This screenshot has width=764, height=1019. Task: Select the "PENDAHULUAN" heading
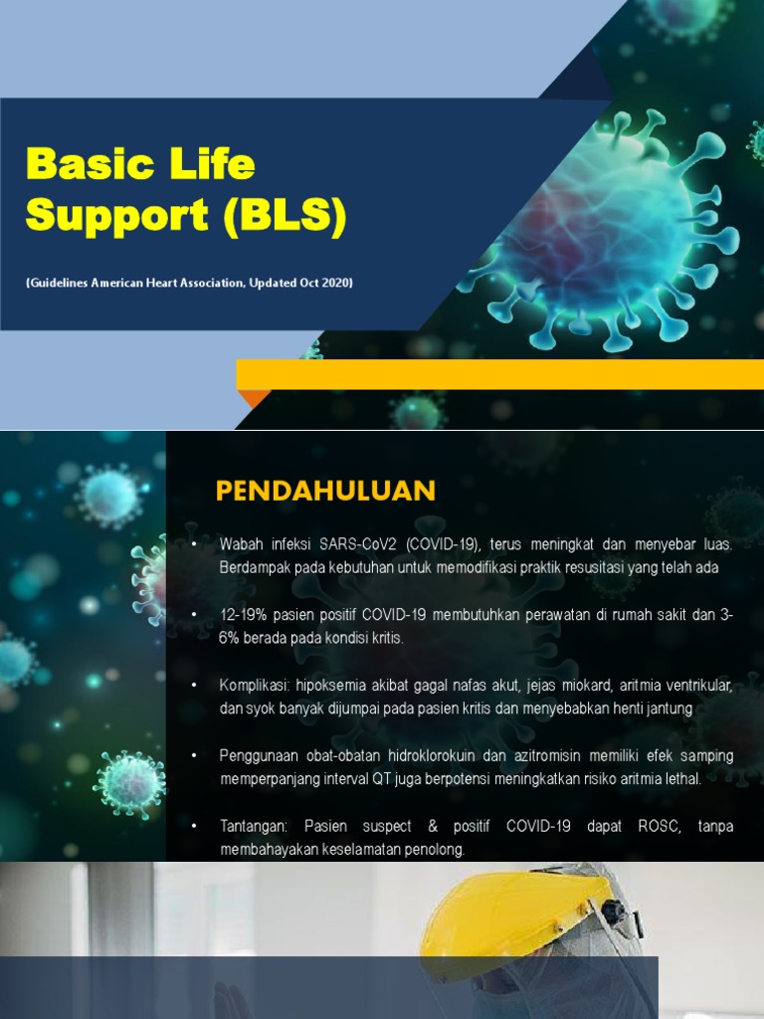(325, 491)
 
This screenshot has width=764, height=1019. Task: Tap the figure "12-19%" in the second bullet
(244, 615)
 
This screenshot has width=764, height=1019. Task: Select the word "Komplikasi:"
(254, 686)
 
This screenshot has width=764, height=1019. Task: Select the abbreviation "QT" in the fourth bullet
(384, 779)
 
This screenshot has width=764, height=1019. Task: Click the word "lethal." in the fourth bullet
(679, 779)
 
